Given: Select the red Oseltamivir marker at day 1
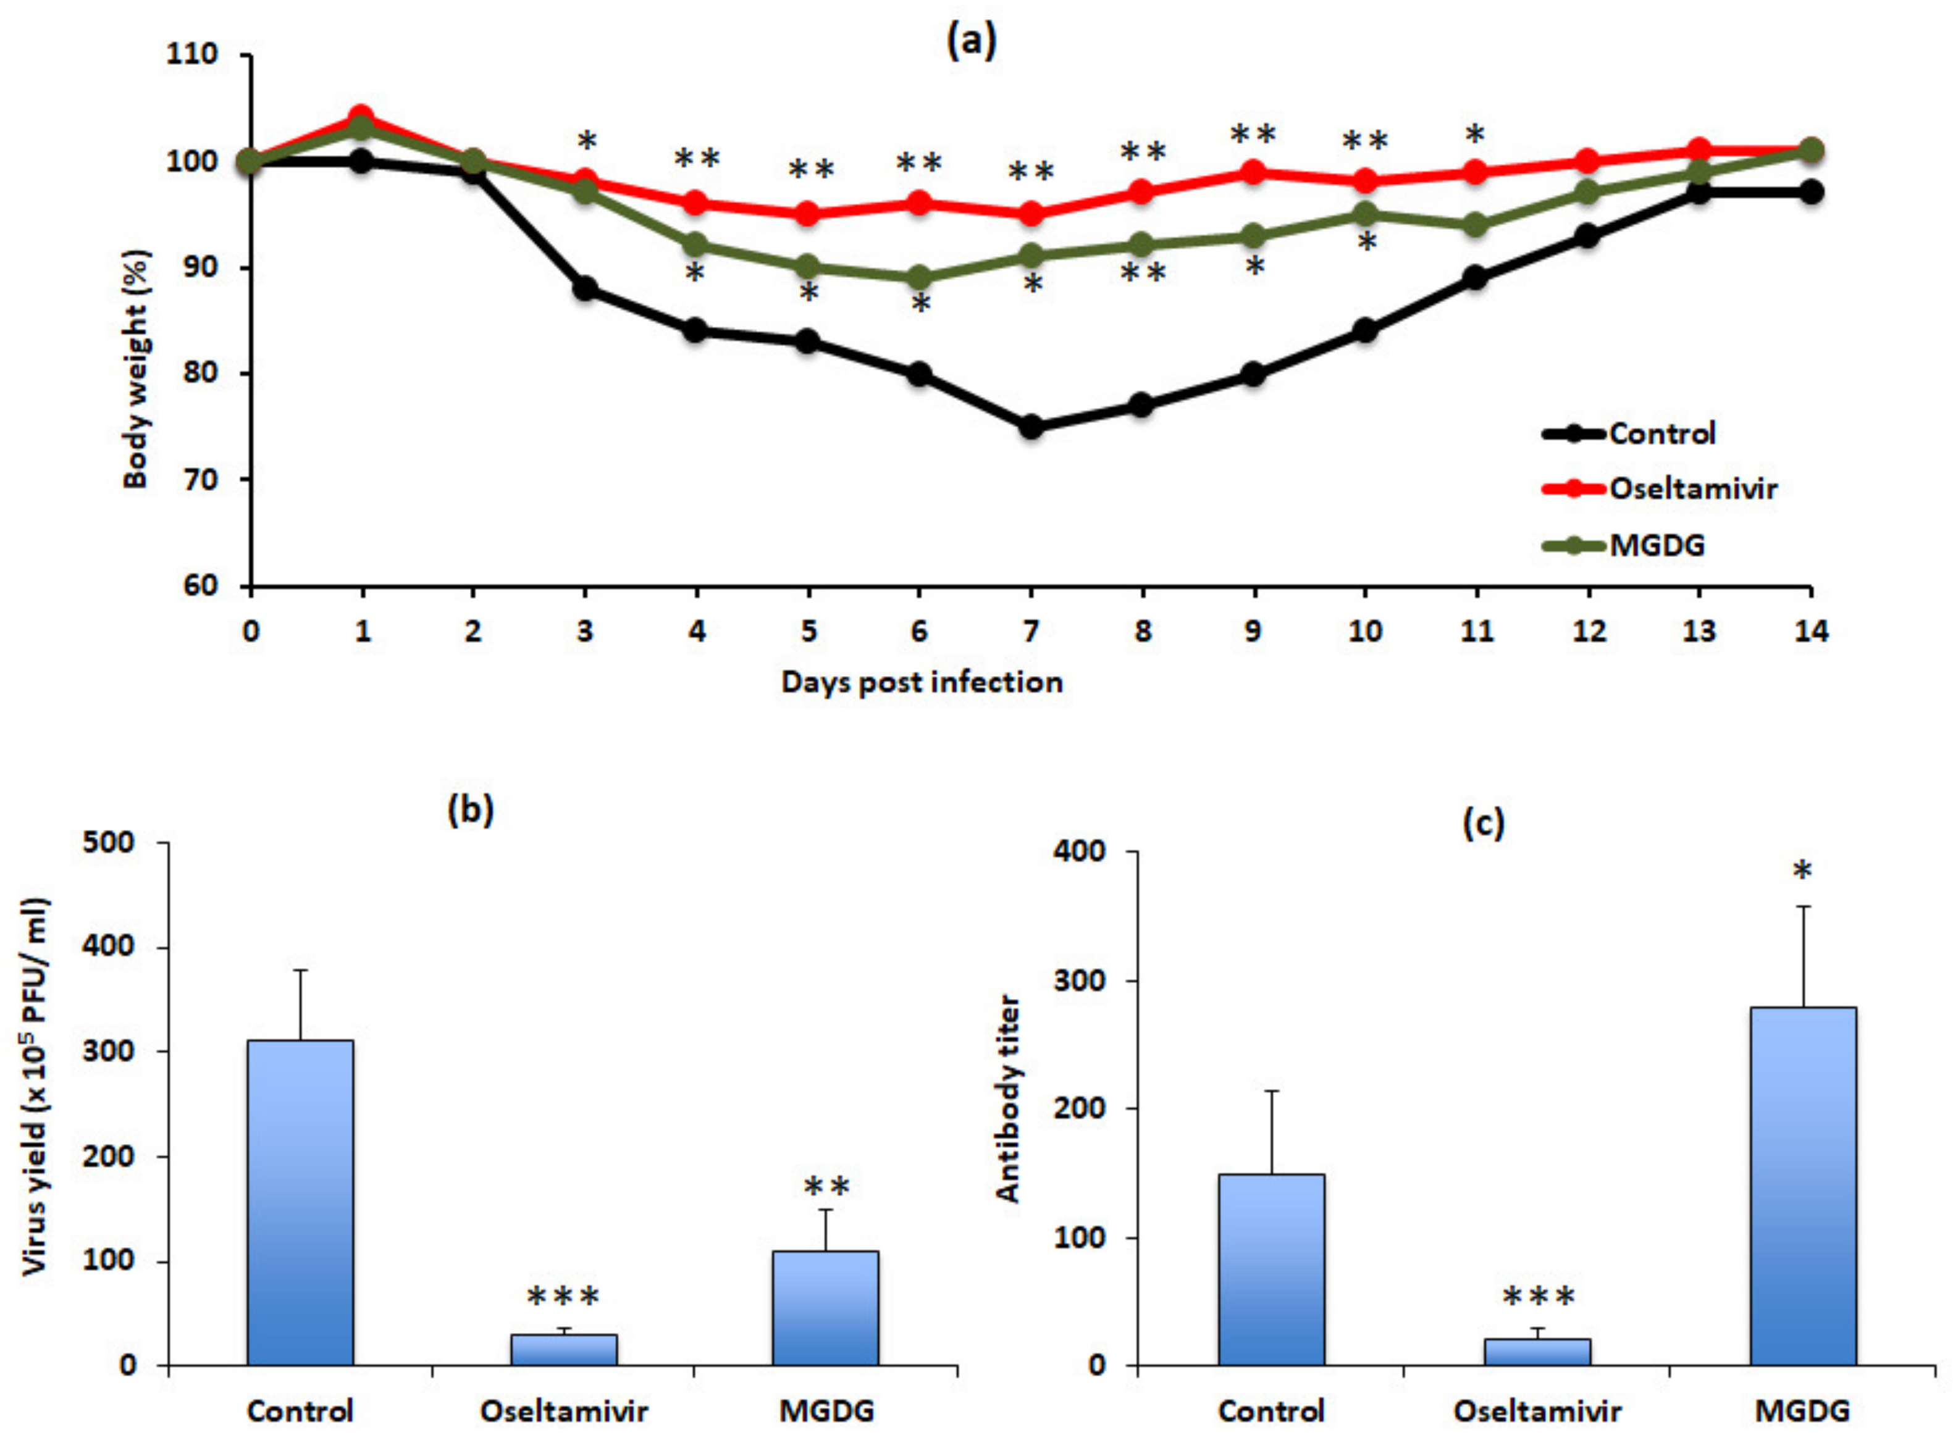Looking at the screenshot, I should tap(362, 116).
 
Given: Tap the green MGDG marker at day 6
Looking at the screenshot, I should tap(919, 278).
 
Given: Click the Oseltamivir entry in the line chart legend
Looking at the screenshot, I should tap(1692, 488).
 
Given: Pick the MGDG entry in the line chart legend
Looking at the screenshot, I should tap(1657, 545).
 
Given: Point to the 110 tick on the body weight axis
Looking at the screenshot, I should tap(191, 54).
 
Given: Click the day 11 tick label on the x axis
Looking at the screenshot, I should tap(1477, 630).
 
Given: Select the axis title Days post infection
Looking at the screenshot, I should tap(922, 682).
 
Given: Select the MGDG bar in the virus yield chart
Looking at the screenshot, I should tap(826, 1308).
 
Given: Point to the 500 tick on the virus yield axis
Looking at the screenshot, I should tap(107, 843).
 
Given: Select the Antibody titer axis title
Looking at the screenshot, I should tap(1009, 1099).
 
